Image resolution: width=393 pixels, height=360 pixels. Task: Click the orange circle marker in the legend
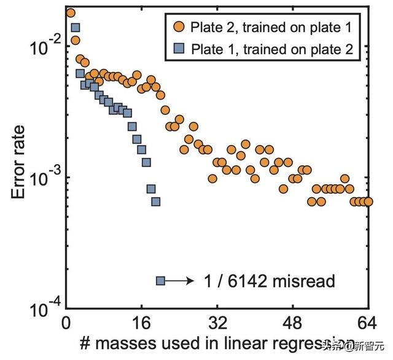tap(178, 27)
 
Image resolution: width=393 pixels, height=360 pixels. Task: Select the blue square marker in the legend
tap(178, 49)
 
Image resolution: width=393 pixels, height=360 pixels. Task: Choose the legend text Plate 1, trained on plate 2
tap(271, 50)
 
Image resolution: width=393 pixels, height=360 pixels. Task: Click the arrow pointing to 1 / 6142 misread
tap(181, 281)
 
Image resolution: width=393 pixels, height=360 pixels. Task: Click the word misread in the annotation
tap(305, 281)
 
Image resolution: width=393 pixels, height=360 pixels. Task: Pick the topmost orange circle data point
tap(71, 13)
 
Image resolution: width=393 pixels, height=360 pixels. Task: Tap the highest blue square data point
tap(76, 28)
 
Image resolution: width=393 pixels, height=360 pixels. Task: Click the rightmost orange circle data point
tap(368, 202)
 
